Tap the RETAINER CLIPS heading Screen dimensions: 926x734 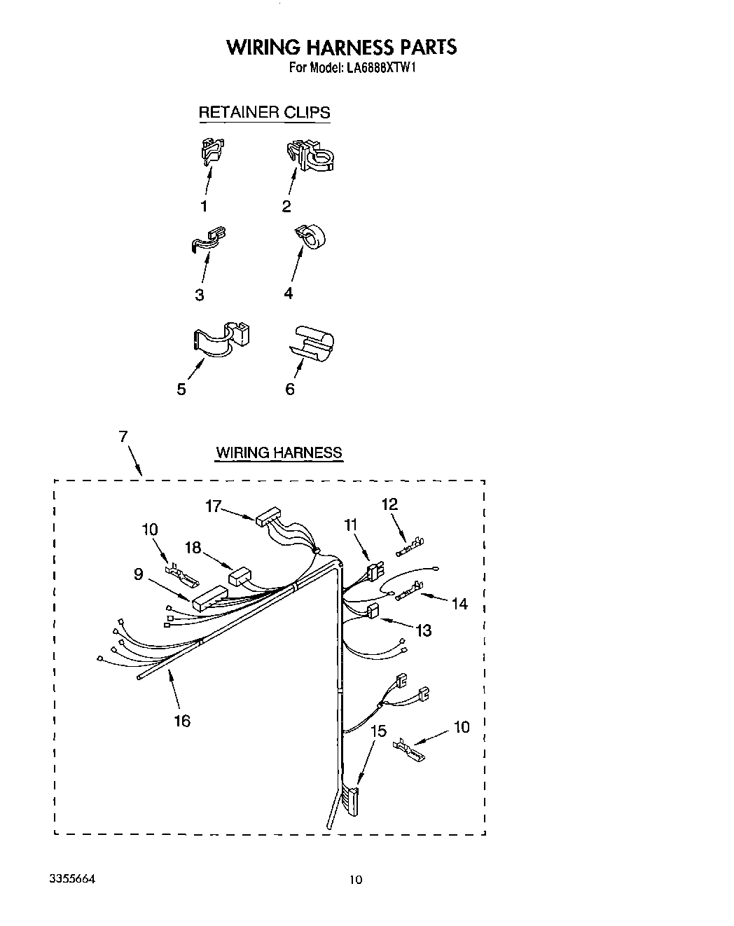click(x=264, y=112)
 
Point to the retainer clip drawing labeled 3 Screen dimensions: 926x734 click(x=209, y=238)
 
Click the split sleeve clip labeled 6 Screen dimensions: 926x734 click(x=312, y=343)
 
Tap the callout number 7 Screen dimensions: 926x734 click(x=123, y=436)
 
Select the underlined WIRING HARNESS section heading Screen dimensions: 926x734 click(x=279, y=452)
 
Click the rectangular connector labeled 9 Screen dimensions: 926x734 click(x=207, y=600)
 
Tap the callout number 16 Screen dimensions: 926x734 click(x=181, y=720)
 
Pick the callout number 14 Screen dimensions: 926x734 click(x=459, y=603)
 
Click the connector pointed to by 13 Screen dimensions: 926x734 click(x=373, y=611)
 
